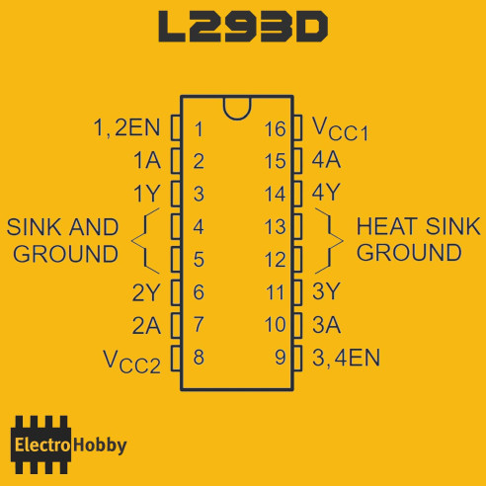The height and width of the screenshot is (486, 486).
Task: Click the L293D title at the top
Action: pyautogui.click(x=243, y=27)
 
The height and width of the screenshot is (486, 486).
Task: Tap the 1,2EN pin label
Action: pyautogui.click(x=126, y=127)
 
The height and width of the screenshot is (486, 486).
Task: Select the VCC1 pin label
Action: pyautogui.click(x=340, y=129)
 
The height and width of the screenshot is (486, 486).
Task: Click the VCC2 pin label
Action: pyautogui.click(x=132, y=362)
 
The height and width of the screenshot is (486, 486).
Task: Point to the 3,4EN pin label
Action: pyautogui.click(x=346, y=358)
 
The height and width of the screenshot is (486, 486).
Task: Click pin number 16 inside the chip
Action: pyautogui.click(x=275, y=129)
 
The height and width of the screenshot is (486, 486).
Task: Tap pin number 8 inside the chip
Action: pyautogui.click(x=199, y=358)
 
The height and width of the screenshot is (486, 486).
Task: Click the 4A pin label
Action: pyautogui.click(x=326, y=160)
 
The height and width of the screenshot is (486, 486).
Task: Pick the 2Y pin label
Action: pyautogui.click(x=146, y=292)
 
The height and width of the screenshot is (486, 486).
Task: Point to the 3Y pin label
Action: pyautogui.click(x=326, y=291)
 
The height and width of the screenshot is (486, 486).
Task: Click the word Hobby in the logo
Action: pyautogui.click(x=100, y=445)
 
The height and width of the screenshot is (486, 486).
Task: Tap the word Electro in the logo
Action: pyautogui.click(x=42, y=445)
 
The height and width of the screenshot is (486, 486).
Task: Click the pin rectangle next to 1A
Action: pyautogui.click(x=176, y=161)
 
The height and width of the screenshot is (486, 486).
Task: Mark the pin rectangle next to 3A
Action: pyautogui.click(x=297, y=325)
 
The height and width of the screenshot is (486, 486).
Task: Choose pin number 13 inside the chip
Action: pyautogui.click(x=276, y=227)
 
